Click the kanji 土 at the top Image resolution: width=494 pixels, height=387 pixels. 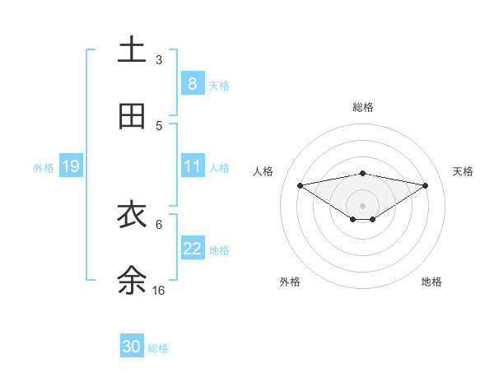pyautogui.click(x=132, y=50)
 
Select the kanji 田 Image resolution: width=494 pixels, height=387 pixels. pyautogui.click(x=132, y=116)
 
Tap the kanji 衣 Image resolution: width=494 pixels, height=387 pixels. pyautogui.click(x=132, y=214)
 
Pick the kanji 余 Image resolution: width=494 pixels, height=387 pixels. pyautogui.click(x=132, y=280)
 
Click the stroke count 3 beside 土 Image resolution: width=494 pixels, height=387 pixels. pyautogui.click(x=159, y=60)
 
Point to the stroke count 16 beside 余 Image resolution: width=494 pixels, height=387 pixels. pyautogui.click(x=159, y=291)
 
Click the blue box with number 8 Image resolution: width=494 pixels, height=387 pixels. pyautogui.click(x=192, y=83)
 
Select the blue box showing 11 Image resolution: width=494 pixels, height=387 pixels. pyautogui.click(x=192, y=166)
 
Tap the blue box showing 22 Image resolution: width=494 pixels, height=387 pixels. pyautogui.click(x=192, y=249)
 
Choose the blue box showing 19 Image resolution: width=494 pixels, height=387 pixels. pyautogui.click(x=70, y=166)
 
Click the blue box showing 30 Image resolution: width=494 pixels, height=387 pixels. pyautogui.click(x=132, y=347)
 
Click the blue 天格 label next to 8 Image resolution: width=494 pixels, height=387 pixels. pyautogui.click(x=219, y=85)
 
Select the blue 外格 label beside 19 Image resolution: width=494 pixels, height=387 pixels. pyautogui.click(x=44, y=168)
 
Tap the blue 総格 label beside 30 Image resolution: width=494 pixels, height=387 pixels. pyautogui.click(x=158, y=348)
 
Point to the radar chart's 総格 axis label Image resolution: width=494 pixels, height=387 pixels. pyautogui.click(x=362, y=107)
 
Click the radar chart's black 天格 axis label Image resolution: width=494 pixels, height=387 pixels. pyautogui.click(x=463, y=171)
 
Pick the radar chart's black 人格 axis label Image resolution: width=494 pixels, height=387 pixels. pyautogui.click(x=263, y=171)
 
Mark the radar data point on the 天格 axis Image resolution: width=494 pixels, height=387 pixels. pyautogui.click(x=425, y=185)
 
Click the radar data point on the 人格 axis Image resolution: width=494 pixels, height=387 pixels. pyautogui.click(x=300, y=185)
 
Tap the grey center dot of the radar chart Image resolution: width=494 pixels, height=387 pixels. pyautogui.click(x=362, y=205)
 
